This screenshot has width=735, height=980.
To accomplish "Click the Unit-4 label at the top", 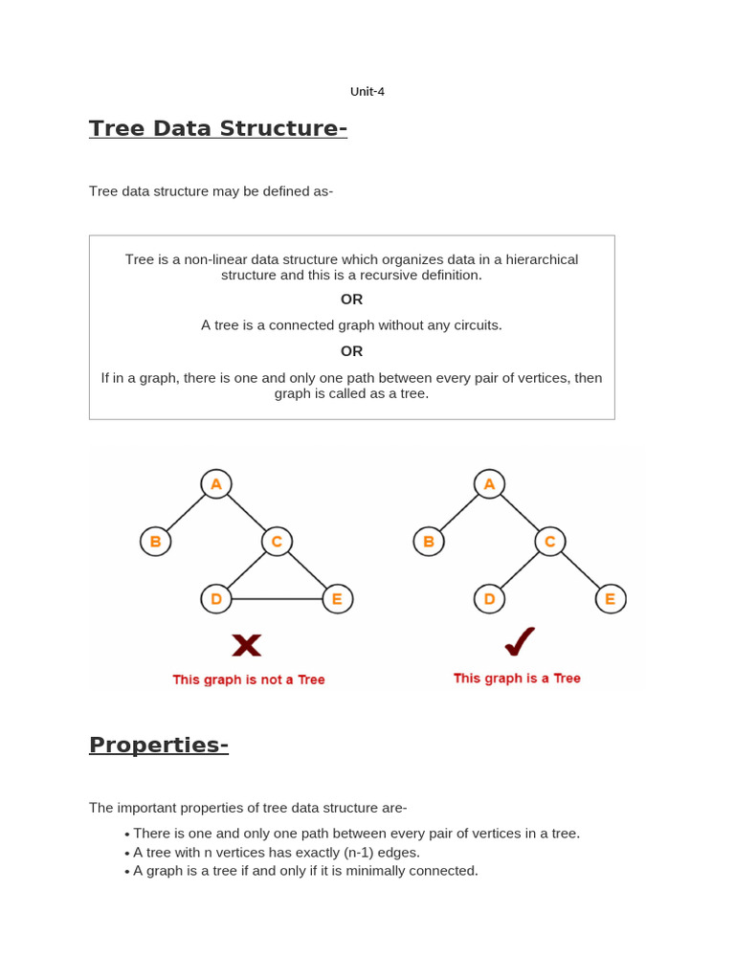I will click(x=367, y=92).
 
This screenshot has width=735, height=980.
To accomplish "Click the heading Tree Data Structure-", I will click(x=217, y=128).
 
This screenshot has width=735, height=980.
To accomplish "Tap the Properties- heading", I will click(x=158, y=745).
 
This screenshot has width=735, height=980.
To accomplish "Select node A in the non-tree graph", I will click(x=216, y=484).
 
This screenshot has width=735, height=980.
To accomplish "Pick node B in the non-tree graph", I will click(x=155, y=542).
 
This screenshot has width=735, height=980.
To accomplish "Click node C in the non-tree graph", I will click(x=277, y=542).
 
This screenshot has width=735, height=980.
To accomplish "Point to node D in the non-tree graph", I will click(x=216, y=599).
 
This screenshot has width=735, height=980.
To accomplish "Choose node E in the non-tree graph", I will click(x=337, y=599).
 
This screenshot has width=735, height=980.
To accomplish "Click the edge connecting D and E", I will click(x=277, y=600).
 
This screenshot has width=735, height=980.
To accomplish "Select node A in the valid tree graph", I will click(x=489, y=484).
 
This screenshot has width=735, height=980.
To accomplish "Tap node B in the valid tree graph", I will click(x=429, y=542).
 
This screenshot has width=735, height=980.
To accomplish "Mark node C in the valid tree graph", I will click(x=549, y=542).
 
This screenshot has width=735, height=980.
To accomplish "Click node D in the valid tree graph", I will click(x=489, y=599).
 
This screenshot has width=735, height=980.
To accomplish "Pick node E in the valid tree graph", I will click(x=610, y=599).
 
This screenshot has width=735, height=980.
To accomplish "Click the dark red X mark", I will click(x=247, y=645).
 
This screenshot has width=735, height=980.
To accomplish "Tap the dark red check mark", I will click(x=519, y=642).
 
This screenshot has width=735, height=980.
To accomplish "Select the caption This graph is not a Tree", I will click(x=249, y=679).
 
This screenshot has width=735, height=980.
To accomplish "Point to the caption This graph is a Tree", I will click(x=517, y=678).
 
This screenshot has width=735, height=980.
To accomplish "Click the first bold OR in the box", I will click(x=351, y=300).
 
